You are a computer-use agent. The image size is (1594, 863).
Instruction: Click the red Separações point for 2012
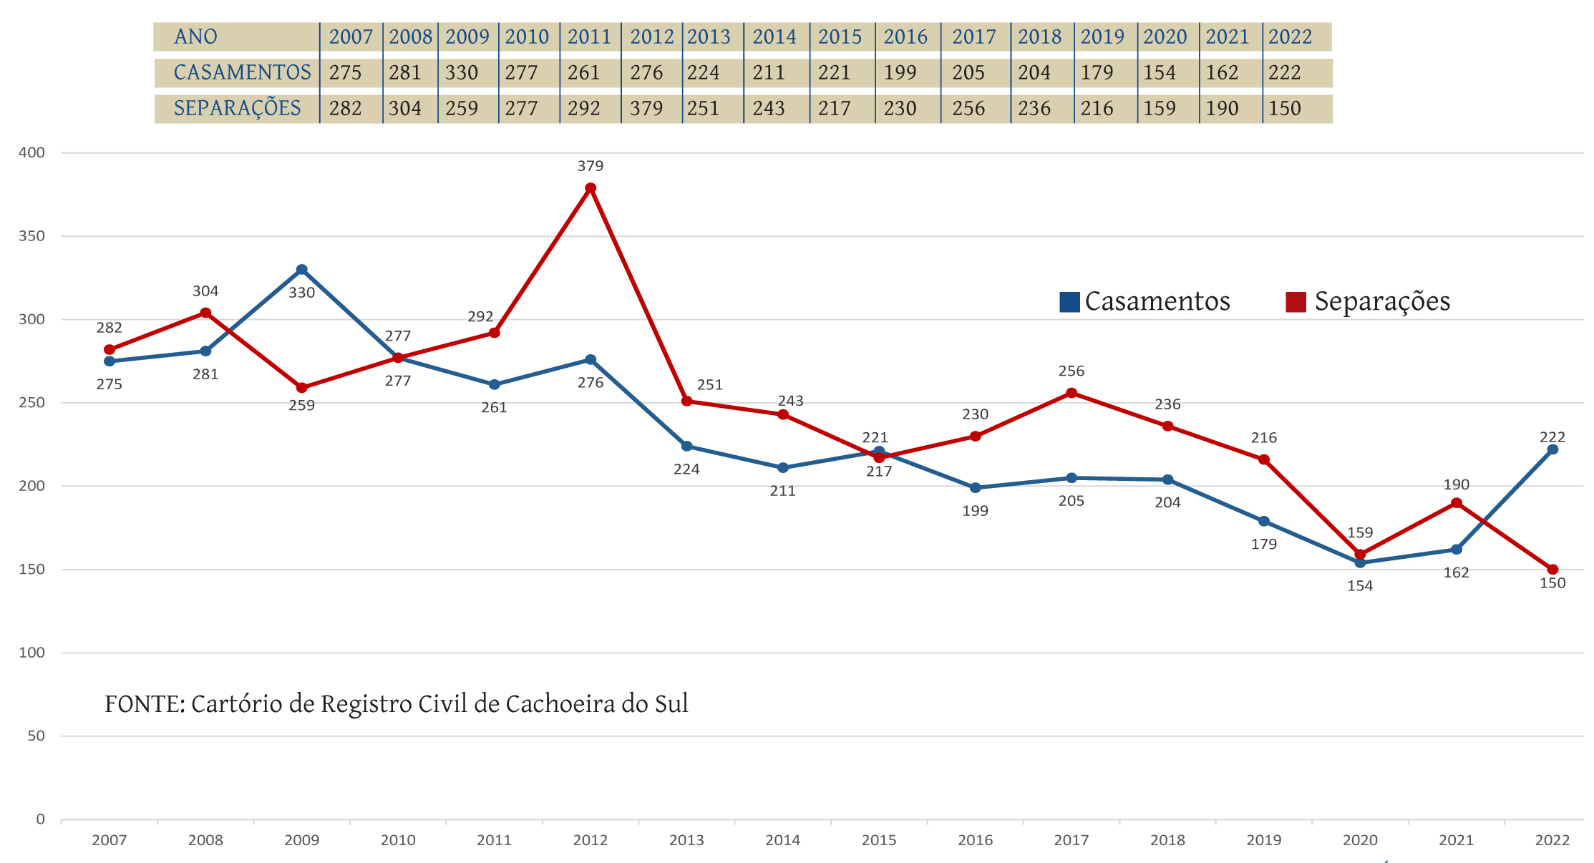(x=591, y=188)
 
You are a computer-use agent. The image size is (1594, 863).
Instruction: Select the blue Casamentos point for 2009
(x=302, y=270)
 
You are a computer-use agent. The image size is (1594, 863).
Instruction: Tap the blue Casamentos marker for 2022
(x=1552, y=449)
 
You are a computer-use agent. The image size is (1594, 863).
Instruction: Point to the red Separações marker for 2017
(x=1071, y=393)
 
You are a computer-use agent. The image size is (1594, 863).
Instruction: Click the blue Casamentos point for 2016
(x=975, y=488)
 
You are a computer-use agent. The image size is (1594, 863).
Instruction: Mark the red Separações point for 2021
(x=1457, y=503)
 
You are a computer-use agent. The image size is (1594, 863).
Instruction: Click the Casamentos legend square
(x=1069, y=302)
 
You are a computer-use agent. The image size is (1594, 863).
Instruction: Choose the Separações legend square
(x=1296, y=302)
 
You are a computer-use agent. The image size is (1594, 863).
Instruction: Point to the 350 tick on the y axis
(x=31, y=236)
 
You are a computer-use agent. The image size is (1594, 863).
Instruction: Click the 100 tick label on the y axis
(x=31, y=653)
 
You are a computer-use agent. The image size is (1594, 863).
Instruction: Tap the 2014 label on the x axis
(x=782, y=840)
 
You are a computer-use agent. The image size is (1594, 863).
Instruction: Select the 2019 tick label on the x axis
(x=1263, y=840)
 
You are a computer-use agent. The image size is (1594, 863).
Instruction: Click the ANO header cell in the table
(x=195, y=37)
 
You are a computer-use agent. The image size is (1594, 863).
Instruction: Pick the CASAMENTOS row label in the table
(x=242, y=73)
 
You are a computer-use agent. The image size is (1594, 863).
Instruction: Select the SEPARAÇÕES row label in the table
(x=237, y=109)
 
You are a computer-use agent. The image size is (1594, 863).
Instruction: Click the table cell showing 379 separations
(x=646, y=109)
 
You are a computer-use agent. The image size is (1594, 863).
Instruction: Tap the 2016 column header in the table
(x=905, y=37)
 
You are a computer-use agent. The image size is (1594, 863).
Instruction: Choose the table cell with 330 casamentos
(x=462, y=73)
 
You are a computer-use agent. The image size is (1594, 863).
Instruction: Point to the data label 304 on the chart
(x=205, y=291)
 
